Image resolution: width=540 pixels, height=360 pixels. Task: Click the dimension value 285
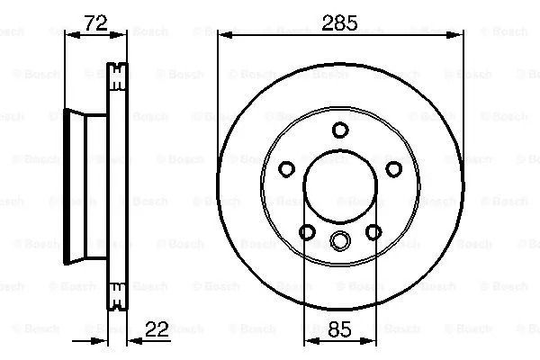coord(339,23)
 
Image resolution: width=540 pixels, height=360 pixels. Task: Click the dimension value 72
coord(95,23)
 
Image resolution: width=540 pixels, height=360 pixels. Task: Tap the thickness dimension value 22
coord(157,329)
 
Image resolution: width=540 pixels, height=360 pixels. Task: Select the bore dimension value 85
coord(339,329)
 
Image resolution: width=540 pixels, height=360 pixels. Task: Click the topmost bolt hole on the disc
coord(340,130)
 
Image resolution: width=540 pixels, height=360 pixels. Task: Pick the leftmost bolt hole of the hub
coord(286,169)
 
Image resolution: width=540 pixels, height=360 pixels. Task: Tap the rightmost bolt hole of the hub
coord(394,169)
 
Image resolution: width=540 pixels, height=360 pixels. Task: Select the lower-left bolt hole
coord(307,232)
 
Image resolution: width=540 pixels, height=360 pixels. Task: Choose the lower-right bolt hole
coord(373,232)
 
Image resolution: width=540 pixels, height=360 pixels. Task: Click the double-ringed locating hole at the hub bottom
coord(340,240)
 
